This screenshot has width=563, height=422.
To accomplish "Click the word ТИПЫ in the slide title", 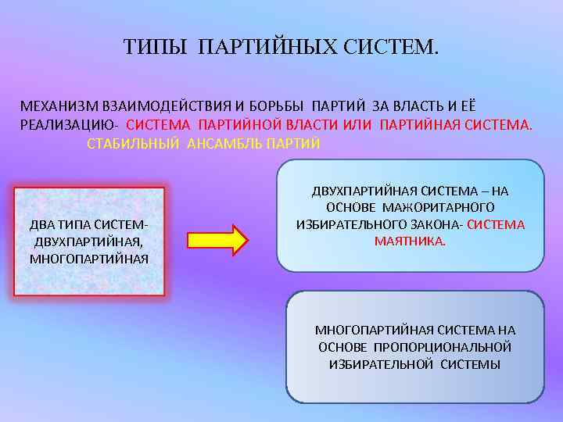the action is click(155, 48).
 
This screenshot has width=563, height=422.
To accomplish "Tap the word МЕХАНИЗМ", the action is click(57, 105).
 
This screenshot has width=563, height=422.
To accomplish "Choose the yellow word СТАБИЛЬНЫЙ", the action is click(132, 144).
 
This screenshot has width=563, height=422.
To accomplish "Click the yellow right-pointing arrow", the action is click(217, 240).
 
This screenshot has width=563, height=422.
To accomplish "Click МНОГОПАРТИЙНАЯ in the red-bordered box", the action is click(88, 258).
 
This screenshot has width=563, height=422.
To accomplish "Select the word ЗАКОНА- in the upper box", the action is click(434, 224).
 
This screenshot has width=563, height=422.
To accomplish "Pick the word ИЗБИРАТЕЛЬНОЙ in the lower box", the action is click(381, 364).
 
